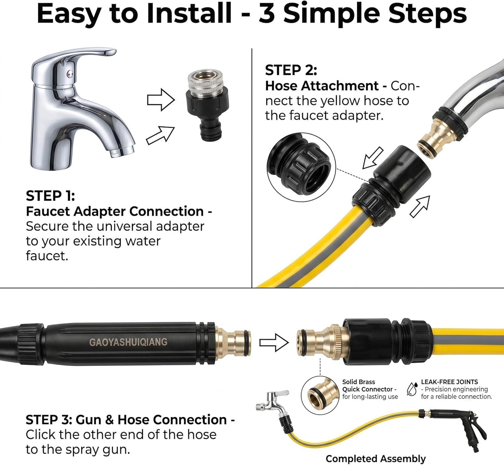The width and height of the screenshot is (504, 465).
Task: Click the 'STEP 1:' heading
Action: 50,196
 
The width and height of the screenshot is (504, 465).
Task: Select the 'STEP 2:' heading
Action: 291,70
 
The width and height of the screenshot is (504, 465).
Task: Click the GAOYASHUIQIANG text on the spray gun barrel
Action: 128,342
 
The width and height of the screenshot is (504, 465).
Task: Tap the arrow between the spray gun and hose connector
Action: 274,343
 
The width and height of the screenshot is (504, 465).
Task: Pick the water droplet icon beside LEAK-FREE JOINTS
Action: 412,389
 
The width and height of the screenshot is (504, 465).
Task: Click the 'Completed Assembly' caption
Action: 376,459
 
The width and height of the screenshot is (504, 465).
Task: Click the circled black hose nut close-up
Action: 301,167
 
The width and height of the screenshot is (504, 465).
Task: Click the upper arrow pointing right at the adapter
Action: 161,100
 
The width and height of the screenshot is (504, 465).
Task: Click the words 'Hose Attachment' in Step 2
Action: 322,86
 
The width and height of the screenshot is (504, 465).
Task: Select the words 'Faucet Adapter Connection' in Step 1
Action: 115,211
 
